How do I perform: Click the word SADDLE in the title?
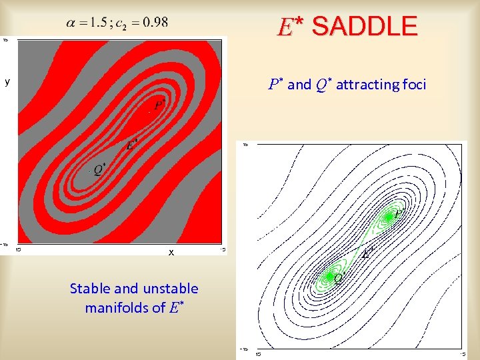pyautogui.click(x=364, y=27)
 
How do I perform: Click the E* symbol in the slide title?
pyautogui.click(x=290, y=27)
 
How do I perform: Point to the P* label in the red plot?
pyautogui.click(x=159, y=104)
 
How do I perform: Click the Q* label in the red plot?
pyautogui.click(x=99, y=169)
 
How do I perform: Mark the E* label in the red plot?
pyautogui.click(x=132, y=144)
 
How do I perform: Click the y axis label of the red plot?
pyautogui.click(x=7, y=82)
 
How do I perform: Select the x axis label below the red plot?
pyautogui.click(x=171, y=253)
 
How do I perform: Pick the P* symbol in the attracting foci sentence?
pyautogui.click(x=275, y=84)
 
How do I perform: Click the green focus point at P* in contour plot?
pyautogui.click(x=388, y=217)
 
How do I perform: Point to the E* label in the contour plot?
pyautogui.click(x=367, y=253)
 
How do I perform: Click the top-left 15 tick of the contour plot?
pyautogui.click(x=245, y=144)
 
